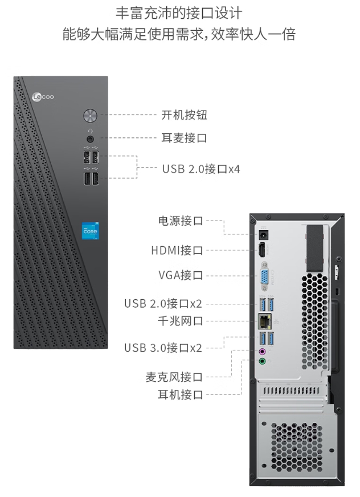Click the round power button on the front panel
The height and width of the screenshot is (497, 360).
[89, 116]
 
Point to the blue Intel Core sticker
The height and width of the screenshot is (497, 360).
[90, 232]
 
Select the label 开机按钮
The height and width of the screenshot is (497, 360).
[184, 115]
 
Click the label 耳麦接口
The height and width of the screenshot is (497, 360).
[184, 138]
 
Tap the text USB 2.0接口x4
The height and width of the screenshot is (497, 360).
[201, 169]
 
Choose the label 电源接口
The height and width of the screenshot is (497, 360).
[180, 221]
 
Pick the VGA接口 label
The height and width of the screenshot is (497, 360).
[181, 275]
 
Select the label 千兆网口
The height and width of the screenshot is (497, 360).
[180, 321]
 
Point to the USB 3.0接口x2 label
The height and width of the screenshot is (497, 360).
[163, 347]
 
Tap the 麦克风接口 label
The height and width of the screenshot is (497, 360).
[174, 377]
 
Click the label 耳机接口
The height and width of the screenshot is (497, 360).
[180, 394]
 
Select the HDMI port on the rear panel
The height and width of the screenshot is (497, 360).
[263, 250]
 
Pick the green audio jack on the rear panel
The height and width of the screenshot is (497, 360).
[263, 361]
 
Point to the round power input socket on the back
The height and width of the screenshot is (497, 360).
[264, 234]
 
